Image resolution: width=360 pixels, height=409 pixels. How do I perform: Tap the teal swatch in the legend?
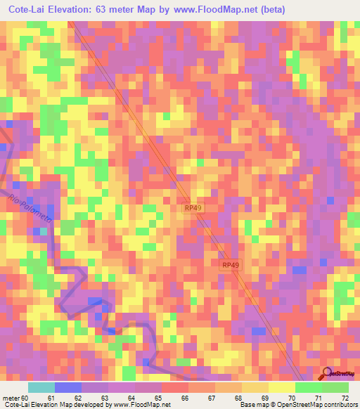point(41,387)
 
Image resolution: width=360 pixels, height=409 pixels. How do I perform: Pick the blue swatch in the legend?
point(67,387)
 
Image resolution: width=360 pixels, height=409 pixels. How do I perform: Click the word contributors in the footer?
point(340,405)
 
